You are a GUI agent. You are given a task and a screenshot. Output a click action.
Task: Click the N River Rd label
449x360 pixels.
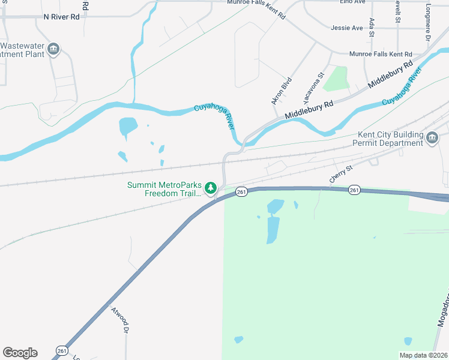pos(62,17)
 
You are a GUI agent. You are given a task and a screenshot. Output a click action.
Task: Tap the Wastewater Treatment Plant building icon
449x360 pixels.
pos(53,49)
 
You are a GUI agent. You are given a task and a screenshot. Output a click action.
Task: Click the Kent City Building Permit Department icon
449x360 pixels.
pos(432,139)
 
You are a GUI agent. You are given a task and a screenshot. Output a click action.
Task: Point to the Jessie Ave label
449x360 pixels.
pos(347,28)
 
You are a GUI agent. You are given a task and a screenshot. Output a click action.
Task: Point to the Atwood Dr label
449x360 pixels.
pos(119,320)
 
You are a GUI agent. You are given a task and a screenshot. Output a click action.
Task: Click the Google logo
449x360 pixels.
pos(20,353)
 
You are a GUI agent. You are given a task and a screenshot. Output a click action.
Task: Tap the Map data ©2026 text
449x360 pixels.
pos(423,355)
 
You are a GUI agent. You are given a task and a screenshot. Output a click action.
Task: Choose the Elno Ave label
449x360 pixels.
pos(352,2)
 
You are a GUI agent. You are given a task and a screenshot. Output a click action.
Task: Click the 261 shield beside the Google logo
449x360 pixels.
pos(61,350)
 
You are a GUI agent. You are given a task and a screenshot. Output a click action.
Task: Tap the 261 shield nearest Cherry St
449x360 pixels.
pos(354,190)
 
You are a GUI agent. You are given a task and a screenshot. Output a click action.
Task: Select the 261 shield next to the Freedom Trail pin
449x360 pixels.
pos(241,191)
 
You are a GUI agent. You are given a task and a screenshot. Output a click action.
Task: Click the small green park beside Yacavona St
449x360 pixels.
pos(337,79)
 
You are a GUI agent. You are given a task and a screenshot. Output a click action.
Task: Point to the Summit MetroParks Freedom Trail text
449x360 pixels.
pos(164,188)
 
